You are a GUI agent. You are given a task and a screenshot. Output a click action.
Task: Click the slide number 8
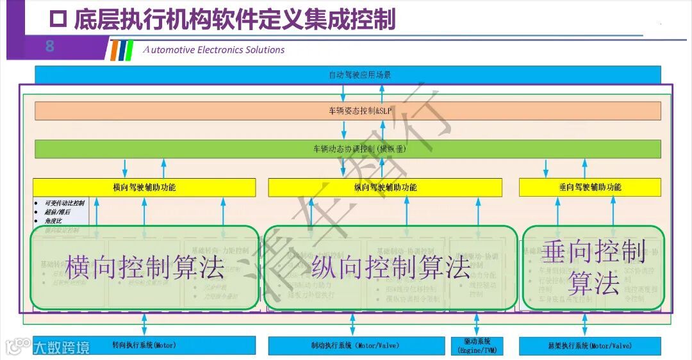pos(49,47)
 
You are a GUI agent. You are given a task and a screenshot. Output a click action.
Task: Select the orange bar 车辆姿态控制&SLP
pos(347,111)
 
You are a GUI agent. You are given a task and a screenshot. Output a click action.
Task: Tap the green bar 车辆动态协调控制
pos(347,149)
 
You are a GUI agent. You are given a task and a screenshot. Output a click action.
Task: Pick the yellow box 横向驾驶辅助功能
pos(144,187)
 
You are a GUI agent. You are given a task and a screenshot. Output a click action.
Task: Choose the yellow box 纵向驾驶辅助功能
pos(385,187)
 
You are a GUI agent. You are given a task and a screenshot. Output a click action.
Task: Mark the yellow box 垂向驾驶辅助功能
pos(589,187)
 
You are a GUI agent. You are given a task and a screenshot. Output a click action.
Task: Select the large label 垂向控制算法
pos(593,268)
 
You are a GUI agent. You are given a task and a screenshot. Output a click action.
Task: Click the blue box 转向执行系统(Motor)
pos(144,345)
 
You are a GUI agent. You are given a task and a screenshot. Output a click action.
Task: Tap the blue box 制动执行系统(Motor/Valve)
pos(356,346)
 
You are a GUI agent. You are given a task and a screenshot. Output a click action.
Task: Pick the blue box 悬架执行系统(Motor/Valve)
pos(589,346)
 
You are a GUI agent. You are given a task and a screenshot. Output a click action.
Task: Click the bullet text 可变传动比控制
pos(65,203)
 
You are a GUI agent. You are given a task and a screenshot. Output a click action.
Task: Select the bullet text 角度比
pos(54,221)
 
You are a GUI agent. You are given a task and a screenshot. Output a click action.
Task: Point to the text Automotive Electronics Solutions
pos(214,50)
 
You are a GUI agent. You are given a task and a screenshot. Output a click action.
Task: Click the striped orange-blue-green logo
pos(121,50)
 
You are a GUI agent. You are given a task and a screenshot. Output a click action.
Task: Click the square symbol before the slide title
pos(58,20)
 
